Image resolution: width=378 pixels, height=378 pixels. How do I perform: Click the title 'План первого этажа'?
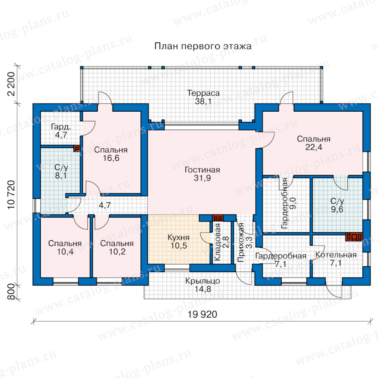pyautogui.click(x=203, y=46)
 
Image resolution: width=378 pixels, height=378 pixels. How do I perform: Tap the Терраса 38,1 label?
pyautogui.click(x=203, y=97)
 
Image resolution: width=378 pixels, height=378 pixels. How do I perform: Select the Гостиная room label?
pyautogui.click(x=202, y=174)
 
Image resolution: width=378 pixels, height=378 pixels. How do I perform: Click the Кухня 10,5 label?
pyautogui.click(x=178, y=241)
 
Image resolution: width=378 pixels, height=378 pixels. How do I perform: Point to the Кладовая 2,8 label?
pyautogui.click(x=221, y=242)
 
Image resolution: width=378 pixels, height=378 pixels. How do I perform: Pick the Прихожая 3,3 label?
pyautogui.click(x=245, y=242)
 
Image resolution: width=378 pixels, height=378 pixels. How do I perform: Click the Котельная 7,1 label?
pyautogui.click(x=336, y=259)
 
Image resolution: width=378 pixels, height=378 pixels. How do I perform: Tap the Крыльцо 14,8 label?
pyautogui.click(x=203, y=285)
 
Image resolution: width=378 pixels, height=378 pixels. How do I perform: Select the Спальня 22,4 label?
pyautogui.click(x=314, y=143)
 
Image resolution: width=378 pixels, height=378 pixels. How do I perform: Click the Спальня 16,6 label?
pyautogui.click(x=111, y=154)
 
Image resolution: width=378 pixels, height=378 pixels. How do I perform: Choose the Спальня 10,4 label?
pyautogui.click(x=65, y=247)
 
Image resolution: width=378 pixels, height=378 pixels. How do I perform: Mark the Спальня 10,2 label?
pyautogui.click(x=117, y=247)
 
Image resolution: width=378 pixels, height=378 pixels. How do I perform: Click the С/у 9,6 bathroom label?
pyautogui.click(x=337, y=205)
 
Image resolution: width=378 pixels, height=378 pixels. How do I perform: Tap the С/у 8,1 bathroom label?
pyautogui.click(x=61, y=171)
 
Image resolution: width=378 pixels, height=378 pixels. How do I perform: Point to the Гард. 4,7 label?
pyautogui.click(x=61, y=131)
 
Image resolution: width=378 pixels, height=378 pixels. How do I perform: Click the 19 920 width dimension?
pyautogui.click(x=202, y=314)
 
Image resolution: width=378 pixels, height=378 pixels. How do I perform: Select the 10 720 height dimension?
pyautogui.click(x=11, y=195)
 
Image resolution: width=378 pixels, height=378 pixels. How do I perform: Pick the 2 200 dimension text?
pyautogui.click(x=11, y=84)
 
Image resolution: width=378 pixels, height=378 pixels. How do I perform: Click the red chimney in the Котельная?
pyautogui.click(x=354, y=237)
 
